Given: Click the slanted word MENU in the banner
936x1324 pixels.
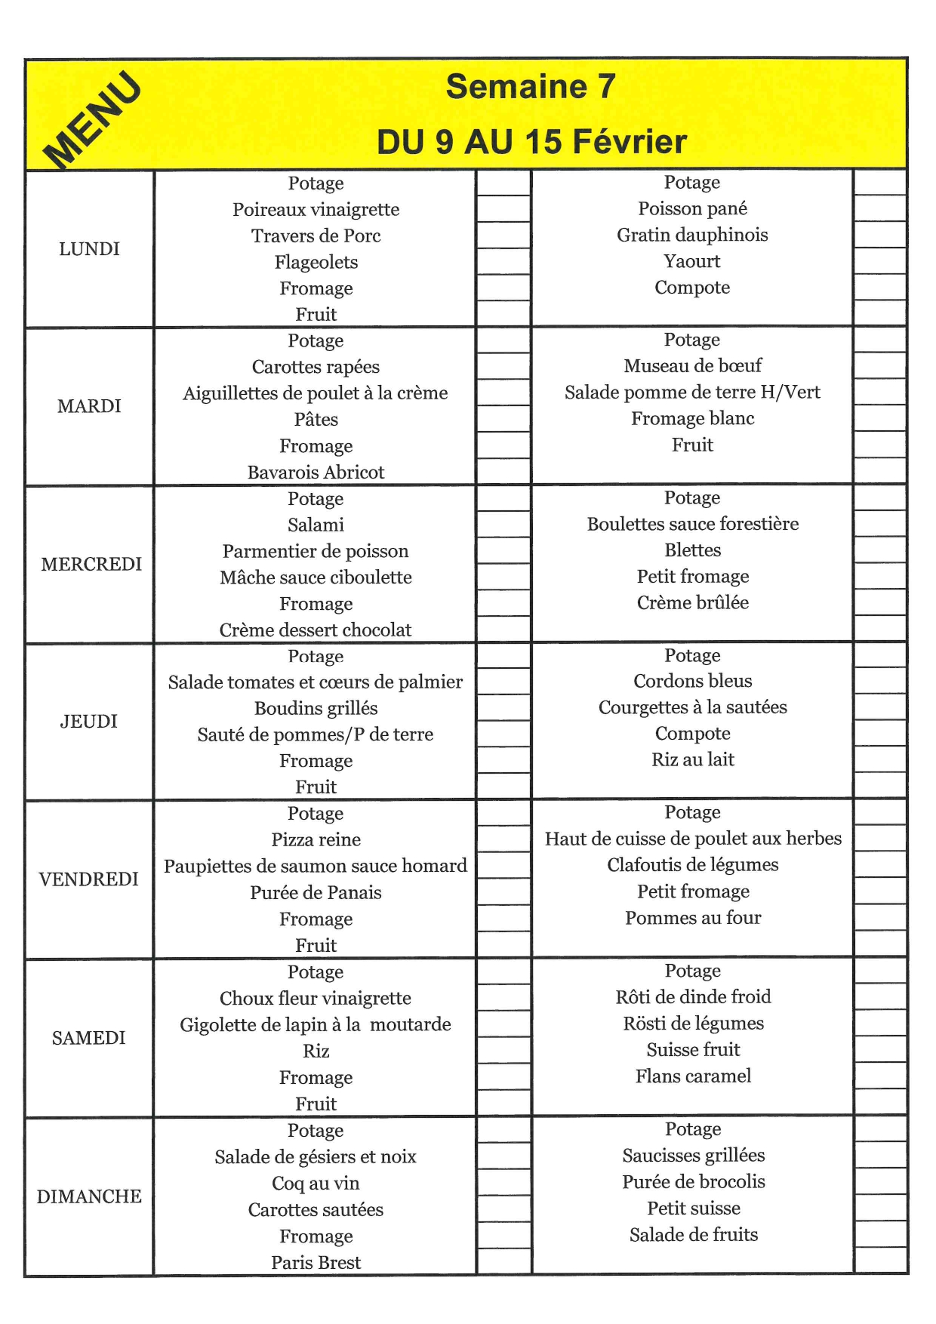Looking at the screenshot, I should point(92,119).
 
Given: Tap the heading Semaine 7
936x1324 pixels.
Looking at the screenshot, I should point(531,87).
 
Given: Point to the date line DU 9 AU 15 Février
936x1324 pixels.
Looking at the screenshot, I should point(531,142).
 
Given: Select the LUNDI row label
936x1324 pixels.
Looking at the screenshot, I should point(89,249).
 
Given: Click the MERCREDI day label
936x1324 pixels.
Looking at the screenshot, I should point(91,564).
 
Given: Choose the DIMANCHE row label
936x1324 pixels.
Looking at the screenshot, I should point(89,1196).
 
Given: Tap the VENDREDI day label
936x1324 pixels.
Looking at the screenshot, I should point(89,879).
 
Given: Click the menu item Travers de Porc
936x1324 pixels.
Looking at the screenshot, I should point(316,236).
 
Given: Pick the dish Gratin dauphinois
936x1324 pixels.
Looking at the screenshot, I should point(692,235).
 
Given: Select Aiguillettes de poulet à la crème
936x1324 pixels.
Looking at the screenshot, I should point(316,393).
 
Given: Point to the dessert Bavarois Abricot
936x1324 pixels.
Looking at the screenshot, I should point(316,473).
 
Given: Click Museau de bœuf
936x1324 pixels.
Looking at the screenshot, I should point(692,366).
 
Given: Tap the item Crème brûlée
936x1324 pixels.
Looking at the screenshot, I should point(692,602).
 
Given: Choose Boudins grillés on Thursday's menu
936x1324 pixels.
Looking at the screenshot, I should point(316,708).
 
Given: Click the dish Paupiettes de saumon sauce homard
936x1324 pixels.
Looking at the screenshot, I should point(316,866).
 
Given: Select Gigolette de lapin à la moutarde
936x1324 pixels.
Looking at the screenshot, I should point(316,1024).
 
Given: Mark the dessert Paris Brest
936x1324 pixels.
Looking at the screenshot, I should point(316,1262).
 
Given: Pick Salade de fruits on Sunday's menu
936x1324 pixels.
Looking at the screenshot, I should point(693,1235).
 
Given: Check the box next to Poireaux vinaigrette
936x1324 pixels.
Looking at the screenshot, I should point(503,209).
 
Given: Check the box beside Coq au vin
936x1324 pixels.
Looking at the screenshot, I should point(503,1183).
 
